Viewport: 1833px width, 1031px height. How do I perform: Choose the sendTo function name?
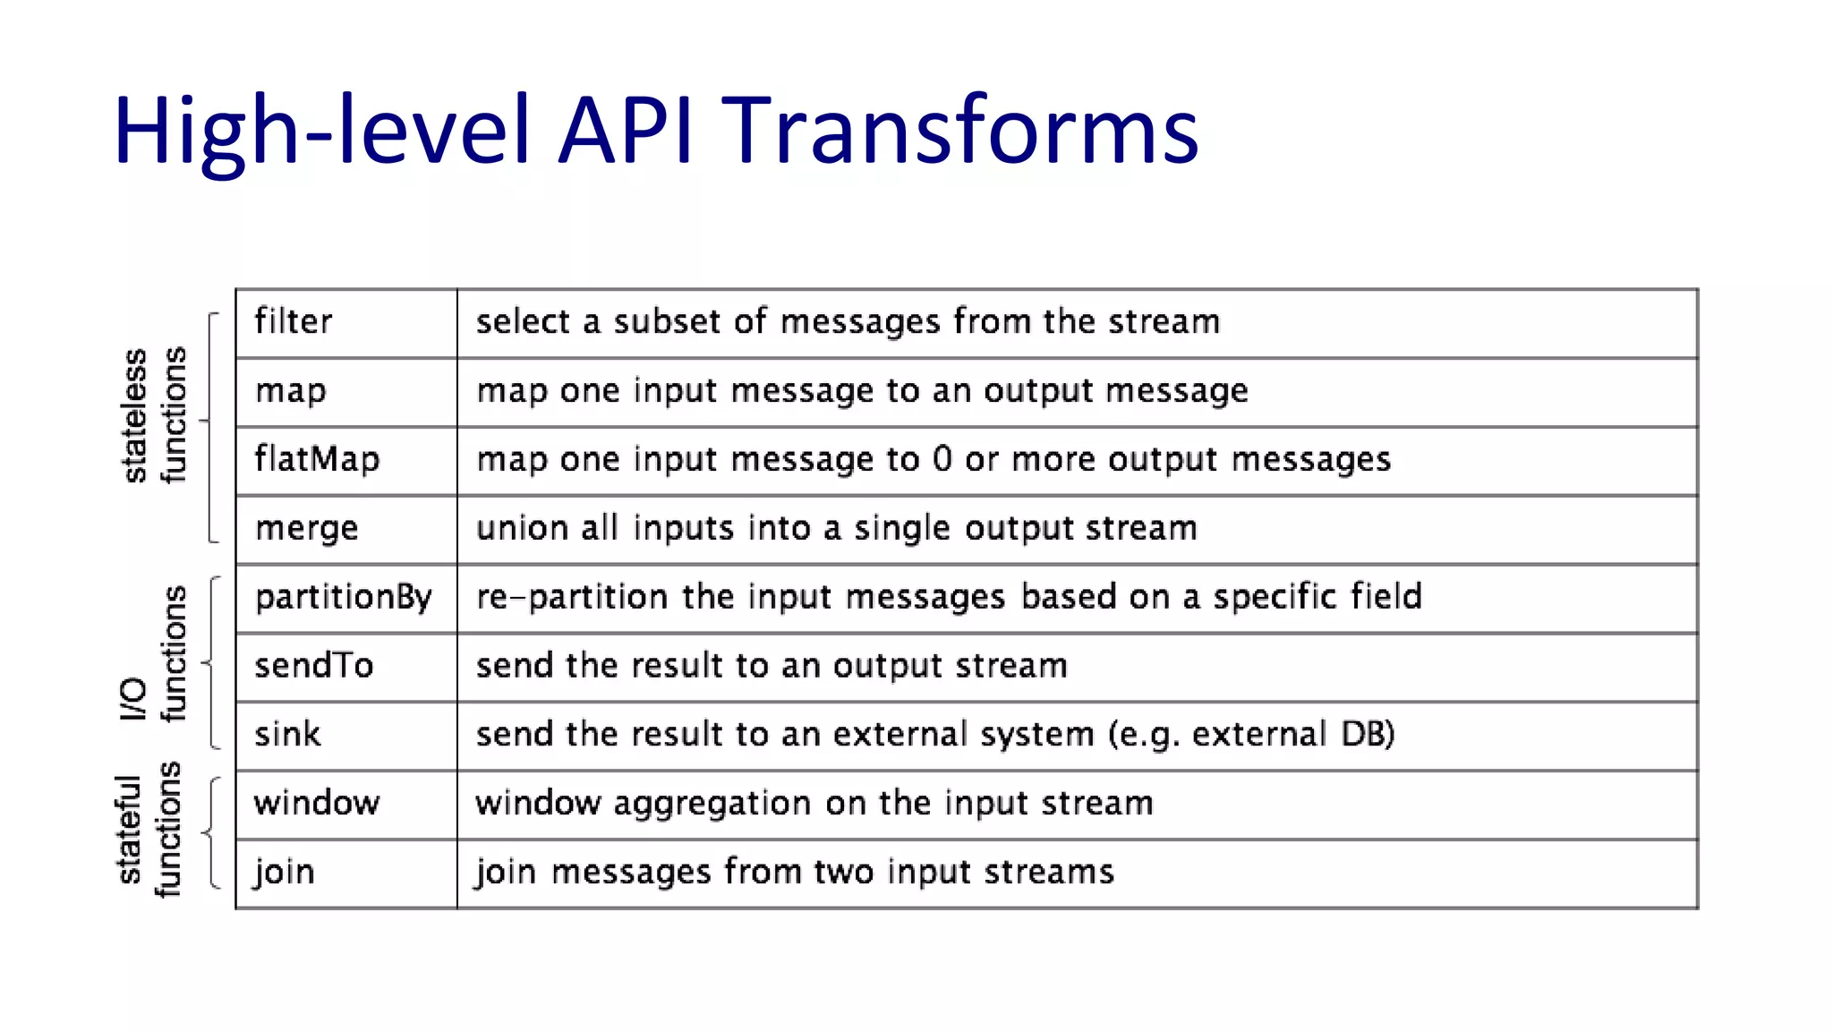click(313, 667)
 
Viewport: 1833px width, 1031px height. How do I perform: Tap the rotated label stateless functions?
click(154, 416)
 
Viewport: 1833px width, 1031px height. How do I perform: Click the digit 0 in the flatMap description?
click(942, 460)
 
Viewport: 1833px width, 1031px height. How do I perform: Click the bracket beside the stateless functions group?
click(210, 427)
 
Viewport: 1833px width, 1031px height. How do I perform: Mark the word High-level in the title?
click(322, 132)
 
